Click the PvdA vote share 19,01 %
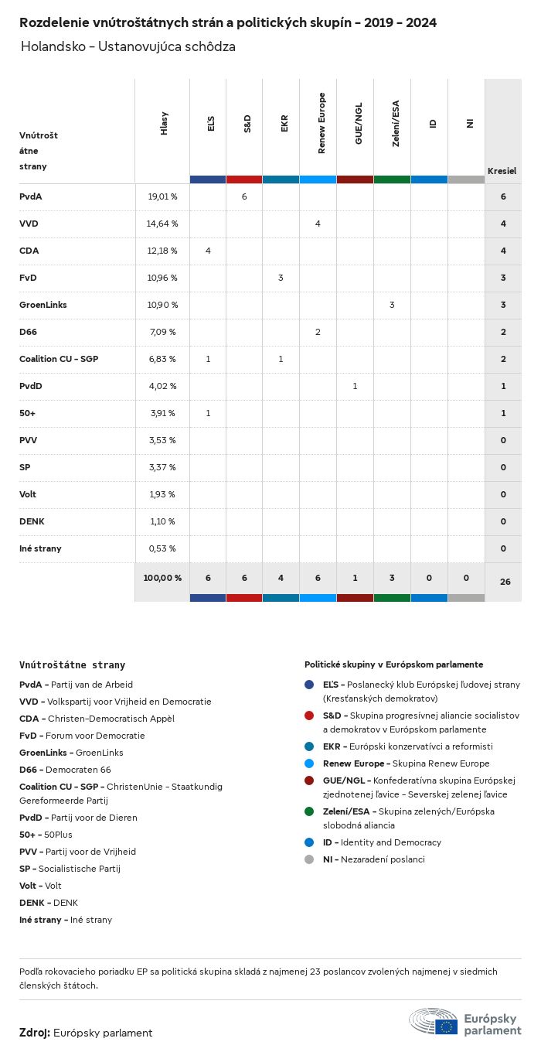click(x=162, y=196)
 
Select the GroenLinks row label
click(x=43, y=305)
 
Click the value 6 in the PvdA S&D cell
click(x=243, y=196)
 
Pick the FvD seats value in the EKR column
click(x=281, y=278)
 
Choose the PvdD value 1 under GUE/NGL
click(x=355, y=386)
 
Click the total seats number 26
click(x=505, y=581)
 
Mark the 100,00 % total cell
click(x=162, y=578)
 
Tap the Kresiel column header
click(x=502, y=171)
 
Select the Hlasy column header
click(x=164, y=125)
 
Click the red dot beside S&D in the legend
click(x=309, y=716)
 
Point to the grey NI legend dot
click(x=309, y=859)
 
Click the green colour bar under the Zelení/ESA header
click(x=392, y=179)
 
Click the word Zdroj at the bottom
click(x=35, y=1033)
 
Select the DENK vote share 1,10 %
click(x=162, y=521)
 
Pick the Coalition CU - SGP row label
click(x=59, y=359)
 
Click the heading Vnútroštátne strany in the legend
click(x=72, y=664)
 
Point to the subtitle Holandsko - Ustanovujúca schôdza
click(x=128, y=47)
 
